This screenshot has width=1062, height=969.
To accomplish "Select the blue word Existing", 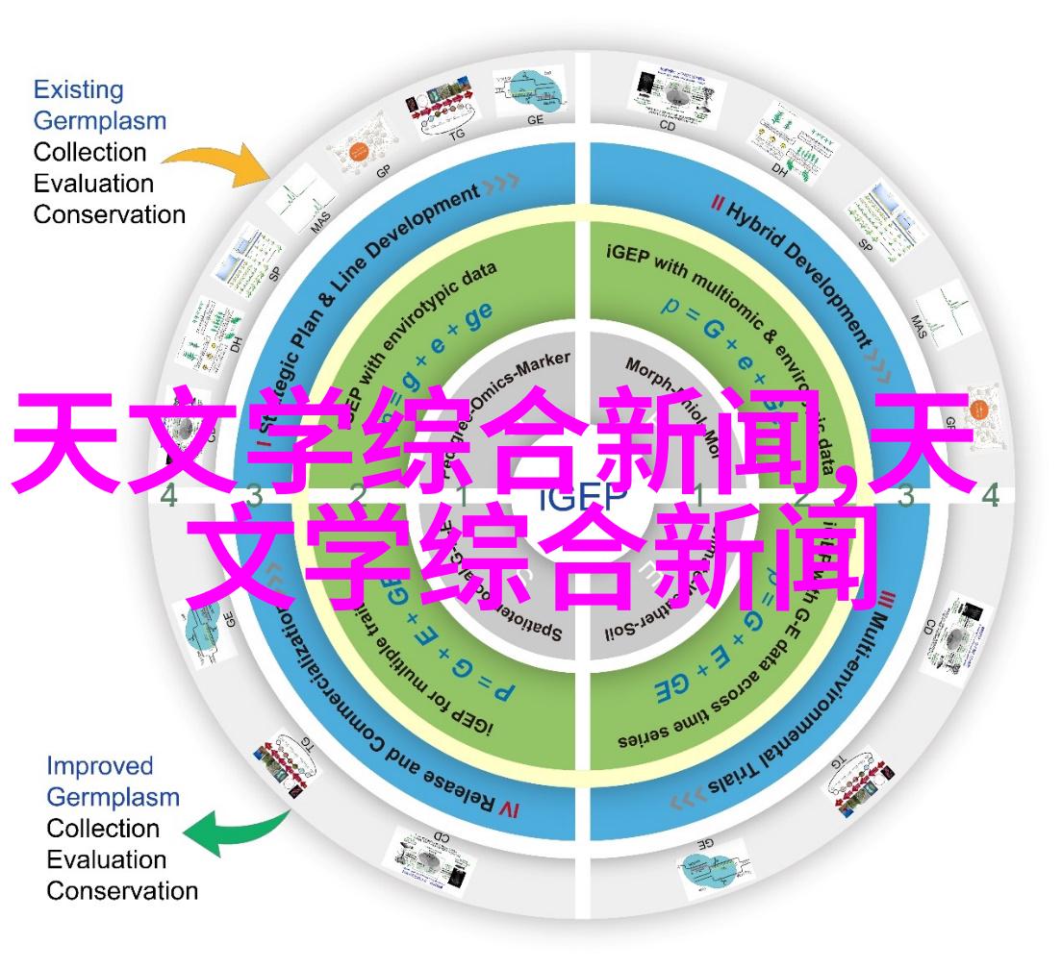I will point(79,90).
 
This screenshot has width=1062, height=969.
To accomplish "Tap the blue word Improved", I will point(100,766).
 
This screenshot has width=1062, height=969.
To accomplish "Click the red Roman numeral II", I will point(719,203).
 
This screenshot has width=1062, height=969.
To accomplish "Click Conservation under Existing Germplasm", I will point(110,214).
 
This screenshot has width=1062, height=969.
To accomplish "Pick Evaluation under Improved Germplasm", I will point(107,859).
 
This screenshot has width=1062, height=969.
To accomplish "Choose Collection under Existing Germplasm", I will point(90,152).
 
